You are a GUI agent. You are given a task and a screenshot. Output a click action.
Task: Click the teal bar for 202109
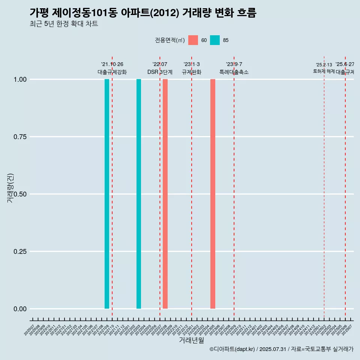click(107, 194)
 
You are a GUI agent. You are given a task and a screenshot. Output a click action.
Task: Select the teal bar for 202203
click(139, 194)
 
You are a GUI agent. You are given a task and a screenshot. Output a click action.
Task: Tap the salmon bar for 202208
click(165, 194)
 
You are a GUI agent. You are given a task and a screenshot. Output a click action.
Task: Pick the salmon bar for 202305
click(213, 194)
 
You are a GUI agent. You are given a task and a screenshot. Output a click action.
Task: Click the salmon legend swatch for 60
click(193, 40)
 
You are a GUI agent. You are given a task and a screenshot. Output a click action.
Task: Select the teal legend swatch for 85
click(215, 40)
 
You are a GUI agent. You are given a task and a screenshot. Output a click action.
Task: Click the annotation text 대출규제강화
click(112, 72)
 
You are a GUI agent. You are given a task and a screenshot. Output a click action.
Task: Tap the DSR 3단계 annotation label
click(160, 72)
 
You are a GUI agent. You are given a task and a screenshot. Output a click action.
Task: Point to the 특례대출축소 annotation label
click(234, 72)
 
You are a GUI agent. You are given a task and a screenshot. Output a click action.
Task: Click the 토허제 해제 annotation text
click(324, 71)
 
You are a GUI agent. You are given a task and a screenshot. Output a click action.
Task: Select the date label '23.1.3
click(192, 64)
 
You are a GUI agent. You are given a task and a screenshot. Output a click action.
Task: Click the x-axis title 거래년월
click(191, 340)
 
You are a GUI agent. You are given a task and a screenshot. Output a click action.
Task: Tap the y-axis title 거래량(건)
click(10, 187)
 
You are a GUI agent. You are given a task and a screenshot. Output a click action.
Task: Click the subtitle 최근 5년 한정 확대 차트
click(64, 24)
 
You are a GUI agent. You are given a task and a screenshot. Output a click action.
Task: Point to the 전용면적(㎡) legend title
click(170, 40)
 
